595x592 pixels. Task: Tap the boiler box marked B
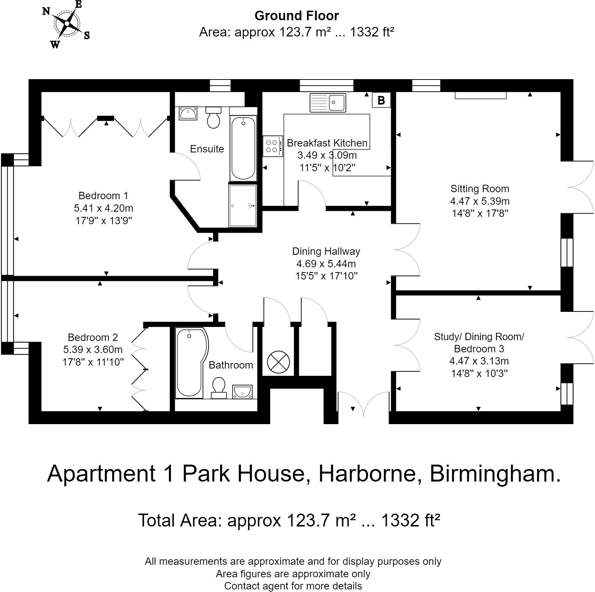[x=381, y=100]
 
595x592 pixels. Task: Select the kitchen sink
[x=328, y=102]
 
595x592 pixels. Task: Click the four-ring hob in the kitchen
[x=272, y=146]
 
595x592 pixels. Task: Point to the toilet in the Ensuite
[x=214, y=117]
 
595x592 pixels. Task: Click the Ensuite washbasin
[x=188, y=113]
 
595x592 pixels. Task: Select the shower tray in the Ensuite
[x=242, y=205]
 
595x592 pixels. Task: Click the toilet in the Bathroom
[x=219, y=388]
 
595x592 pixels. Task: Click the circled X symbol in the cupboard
[x=278, y=362]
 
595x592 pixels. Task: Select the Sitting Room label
[x=480, y=189]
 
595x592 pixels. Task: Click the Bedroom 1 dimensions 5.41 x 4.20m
[x=103, y=208]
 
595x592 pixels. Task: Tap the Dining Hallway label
[x=326, y=251]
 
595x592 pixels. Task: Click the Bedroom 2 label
[x=93, y=337]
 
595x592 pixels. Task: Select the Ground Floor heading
[x=296, y=16]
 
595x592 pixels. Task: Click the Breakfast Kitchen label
[x=327, y=143]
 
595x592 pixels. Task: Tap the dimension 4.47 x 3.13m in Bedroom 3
[x=479, y=361]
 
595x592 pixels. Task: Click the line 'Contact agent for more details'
[x=293, y=586]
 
